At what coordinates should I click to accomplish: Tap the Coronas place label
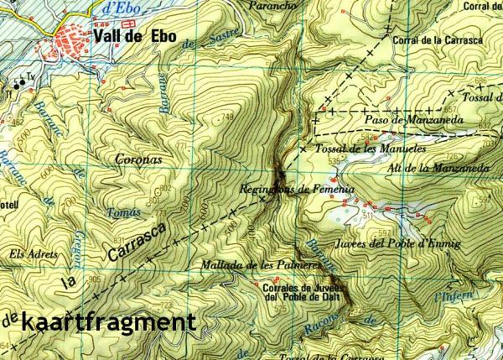pyautogui.click(x=137, y=158)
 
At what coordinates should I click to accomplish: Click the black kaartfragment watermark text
pyautogui.click(x=109, y=321)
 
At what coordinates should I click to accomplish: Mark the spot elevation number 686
pyautogui.click(x=480, y=81)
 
